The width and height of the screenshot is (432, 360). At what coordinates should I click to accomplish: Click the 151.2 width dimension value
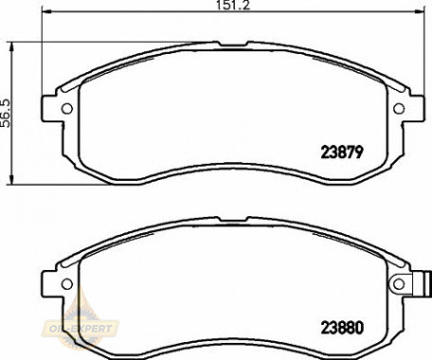233,5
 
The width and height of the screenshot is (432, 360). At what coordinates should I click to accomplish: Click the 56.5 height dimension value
6,114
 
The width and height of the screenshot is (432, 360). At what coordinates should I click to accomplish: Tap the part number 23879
342,153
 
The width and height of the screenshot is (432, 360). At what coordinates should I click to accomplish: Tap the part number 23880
342,328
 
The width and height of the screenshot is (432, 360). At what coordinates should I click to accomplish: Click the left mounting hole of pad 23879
67,109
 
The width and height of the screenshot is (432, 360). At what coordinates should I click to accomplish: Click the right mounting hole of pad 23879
399,109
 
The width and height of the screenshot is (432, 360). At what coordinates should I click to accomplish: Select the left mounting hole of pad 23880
67,284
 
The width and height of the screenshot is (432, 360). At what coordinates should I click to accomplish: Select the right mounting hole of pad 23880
399,284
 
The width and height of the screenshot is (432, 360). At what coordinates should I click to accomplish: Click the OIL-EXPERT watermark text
81,329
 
